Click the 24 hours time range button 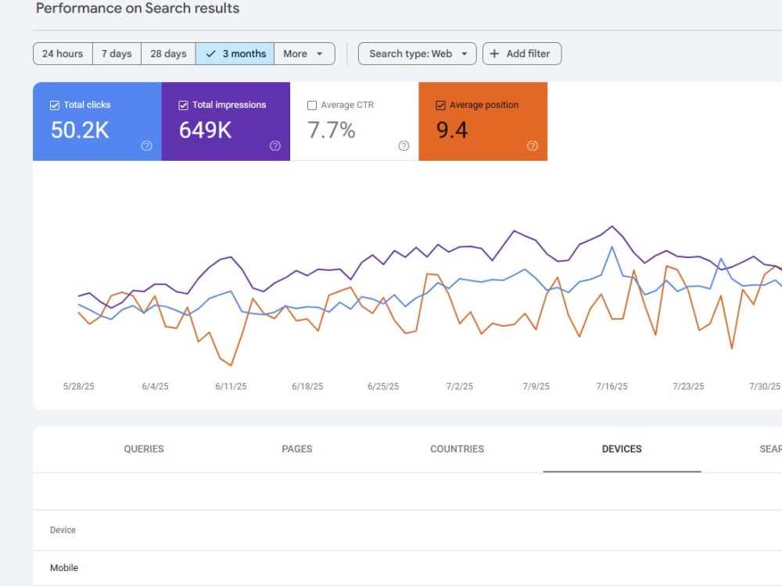tap(63, 54)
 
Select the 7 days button tap(117, 54)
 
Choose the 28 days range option tap(169, 54)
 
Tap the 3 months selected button tap(235, 54)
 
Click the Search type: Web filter tap(418, 54)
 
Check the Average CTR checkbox tap(312, 105)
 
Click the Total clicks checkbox tap(55, 105)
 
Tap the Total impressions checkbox tap(184, 105)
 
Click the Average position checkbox tap(441, 105)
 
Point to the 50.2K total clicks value tap(80, 130)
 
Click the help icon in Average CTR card tap(404, 145)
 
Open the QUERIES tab tap(144, 449)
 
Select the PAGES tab tap(296, 449)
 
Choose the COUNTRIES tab tap(457, 449)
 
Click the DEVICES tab tap(622, 449)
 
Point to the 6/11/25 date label tap(231, 386)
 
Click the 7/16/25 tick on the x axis tap(612, 386)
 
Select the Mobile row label tap(64, 567)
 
